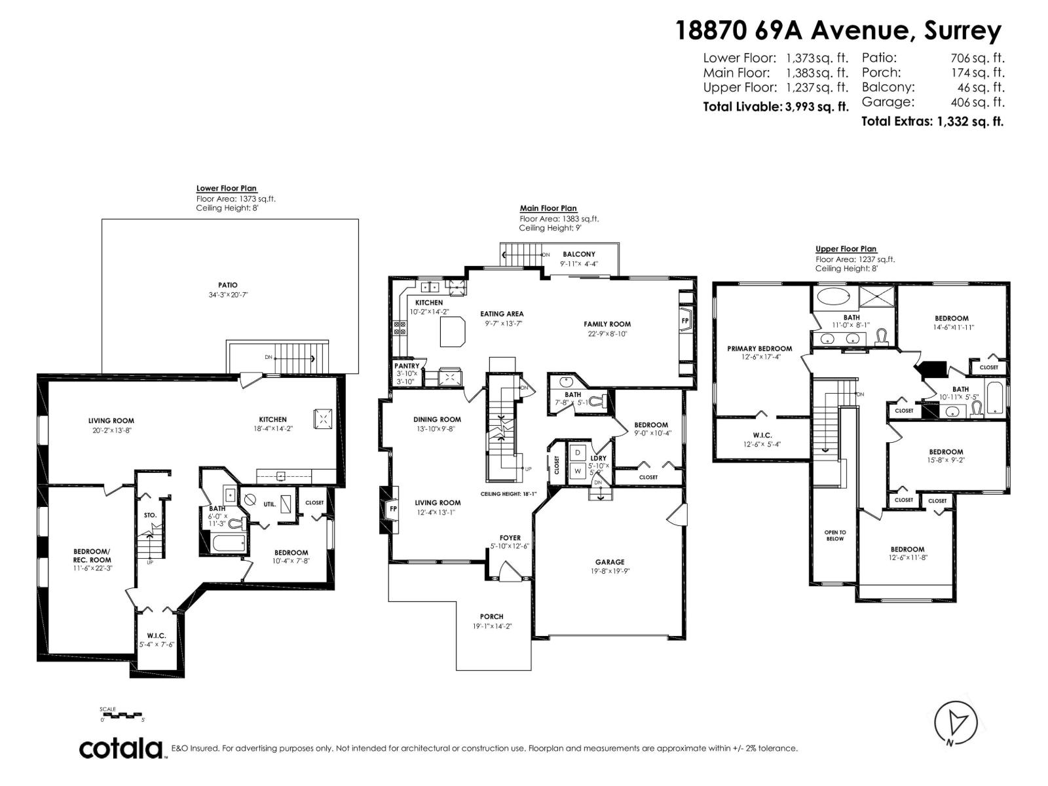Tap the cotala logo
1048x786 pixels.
pos(121,748)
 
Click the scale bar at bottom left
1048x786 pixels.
pos(122,715)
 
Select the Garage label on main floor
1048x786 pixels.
pos(610,562)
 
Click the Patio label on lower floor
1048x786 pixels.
pos(228,285)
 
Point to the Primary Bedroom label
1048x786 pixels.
pos(759,348)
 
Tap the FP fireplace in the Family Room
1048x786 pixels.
pos(685,321)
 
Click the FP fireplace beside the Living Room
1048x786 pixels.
pos(393,508)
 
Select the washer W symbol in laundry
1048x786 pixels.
pos(578,470)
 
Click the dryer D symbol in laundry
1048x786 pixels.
pos(578,453)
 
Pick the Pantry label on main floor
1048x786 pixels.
pos(407,366)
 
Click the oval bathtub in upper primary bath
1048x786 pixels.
pos(833,296)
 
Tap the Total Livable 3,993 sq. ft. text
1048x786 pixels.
pos(775,106)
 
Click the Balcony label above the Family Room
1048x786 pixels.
pos(579,254)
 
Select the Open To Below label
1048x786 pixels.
pos(835,535)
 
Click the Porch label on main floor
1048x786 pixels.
pos(491,616)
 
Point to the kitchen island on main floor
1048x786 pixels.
pos(452,331)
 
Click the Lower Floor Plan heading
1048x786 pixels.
pos(227,188)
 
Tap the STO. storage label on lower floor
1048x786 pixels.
pos(150,515)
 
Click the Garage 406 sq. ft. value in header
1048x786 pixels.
pos(977,102)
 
